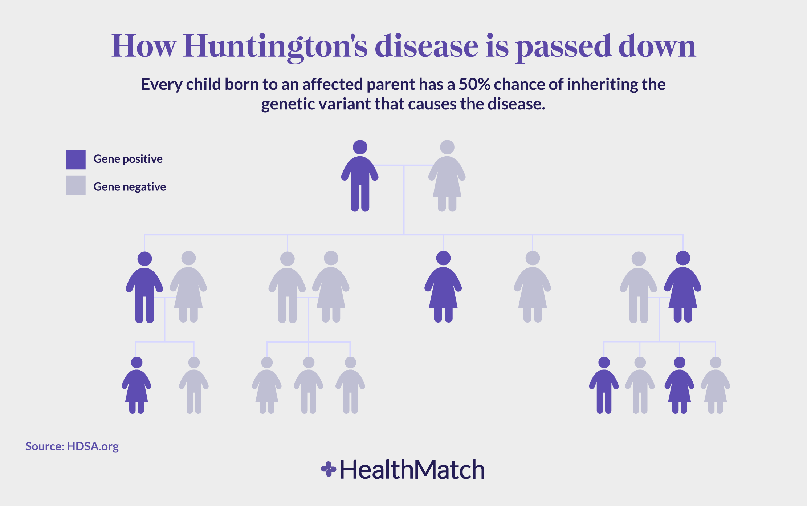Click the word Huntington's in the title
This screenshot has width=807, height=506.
point(275,46)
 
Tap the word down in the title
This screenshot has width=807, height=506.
point(657,46)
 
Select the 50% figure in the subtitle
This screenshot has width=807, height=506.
point(474,84)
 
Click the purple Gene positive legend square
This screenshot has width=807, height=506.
point(76,159)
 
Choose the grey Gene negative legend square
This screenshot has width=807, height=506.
point(76,186)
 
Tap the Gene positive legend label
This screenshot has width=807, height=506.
point(128,159)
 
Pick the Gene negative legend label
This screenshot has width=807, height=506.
point(130,187)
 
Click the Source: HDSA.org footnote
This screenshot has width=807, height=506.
point(72,446)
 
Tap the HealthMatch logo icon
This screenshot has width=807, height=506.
point(329,469)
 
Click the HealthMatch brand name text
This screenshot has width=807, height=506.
point(412,470)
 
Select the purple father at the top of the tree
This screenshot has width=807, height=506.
point(360,178)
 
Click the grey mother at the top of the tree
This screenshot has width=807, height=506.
point(447,178)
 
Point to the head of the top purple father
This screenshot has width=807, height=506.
point(360,147)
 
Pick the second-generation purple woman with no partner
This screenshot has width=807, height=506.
point(443,289)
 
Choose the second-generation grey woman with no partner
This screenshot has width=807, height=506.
point(533,289)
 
